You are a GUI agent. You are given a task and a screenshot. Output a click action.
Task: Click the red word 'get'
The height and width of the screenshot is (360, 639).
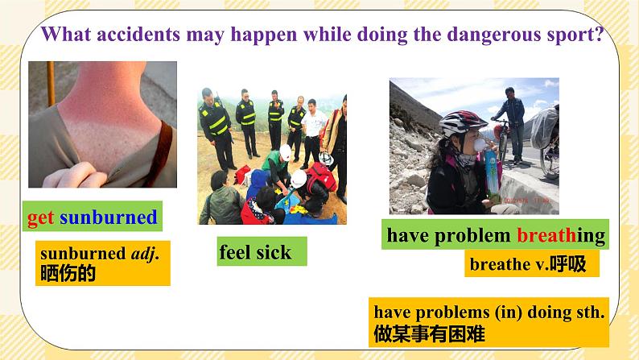point(40,217)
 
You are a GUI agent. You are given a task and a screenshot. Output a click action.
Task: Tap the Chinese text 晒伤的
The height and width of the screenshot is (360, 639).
point(68,273)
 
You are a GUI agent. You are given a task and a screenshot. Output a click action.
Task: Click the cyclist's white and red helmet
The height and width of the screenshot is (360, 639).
point(463,122)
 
